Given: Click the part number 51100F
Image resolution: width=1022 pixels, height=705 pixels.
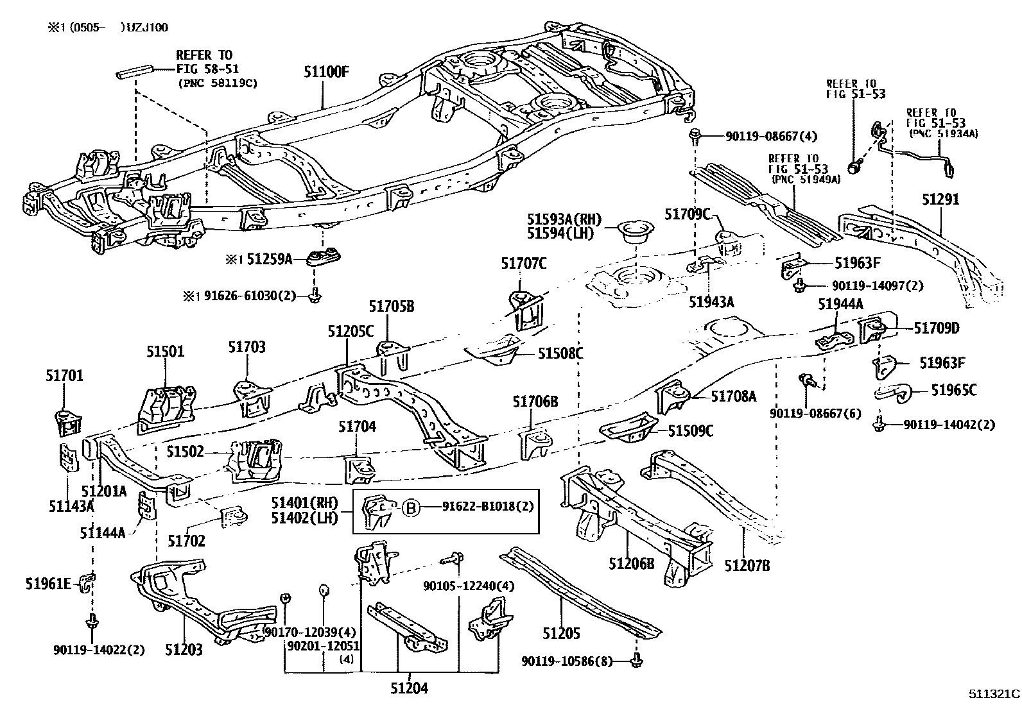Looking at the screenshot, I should click(326, 72).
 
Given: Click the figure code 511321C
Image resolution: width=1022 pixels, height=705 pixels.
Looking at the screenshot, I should click(994, 694).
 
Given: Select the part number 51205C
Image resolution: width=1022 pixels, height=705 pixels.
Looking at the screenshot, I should click(351, 332).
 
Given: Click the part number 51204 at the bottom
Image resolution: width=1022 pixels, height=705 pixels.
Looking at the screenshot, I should click(409, 688).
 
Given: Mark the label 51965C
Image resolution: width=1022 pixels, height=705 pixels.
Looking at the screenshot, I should click(954, 390).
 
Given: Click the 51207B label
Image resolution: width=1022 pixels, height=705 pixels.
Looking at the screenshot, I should click(747, 565).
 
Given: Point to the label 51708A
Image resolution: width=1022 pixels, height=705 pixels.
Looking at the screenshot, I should click(734, 397).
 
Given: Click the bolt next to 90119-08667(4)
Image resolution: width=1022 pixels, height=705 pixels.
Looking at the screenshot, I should click(695, 135).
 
